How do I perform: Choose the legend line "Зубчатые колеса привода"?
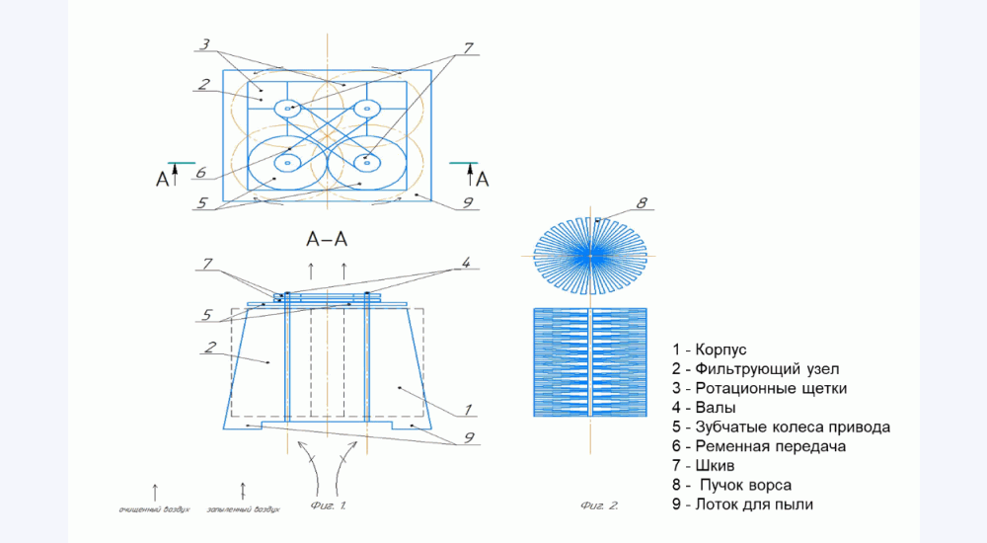click(x=780, y=427)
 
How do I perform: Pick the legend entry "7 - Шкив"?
click(x=702, y=465)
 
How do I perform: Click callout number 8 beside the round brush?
click(x=641, y=204)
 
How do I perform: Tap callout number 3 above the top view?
click(x=204, y=44)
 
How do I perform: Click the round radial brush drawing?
click(x=590, y=255)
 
